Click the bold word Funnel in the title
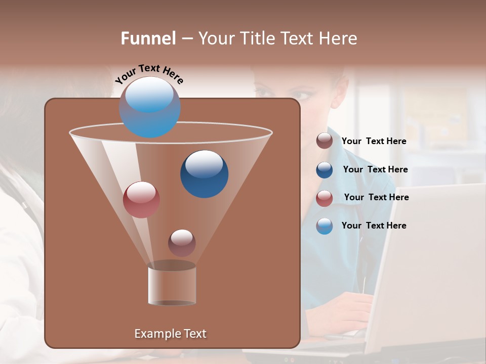click(148, 38)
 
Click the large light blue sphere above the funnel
click(150, 107)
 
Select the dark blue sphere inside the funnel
click(204, 174)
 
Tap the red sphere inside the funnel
click(141, 200)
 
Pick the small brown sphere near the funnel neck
click(182, 243)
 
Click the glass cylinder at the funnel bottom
click(172, 286)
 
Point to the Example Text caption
click(171, 334)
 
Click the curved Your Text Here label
click(149, 74)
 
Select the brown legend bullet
click(325, 141)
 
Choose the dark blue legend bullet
click(325, 170)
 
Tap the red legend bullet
click(325, 198)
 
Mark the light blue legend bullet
click(325, 226)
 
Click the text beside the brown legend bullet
click(374, 142)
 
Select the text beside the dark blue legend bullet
click(375, 170)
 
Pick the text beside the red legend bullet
click(376, 198)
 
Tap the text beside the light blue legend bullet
click(374, 226)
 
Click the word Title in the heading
click(261, 38)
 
